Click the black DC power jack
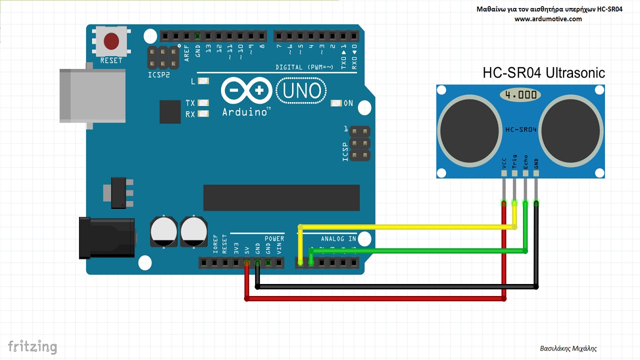click(x=106, y=237)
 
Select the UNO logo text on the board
click(x=301, y=91)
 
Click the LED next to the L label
click(x=203, y=81)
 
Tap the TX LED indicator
click(x=203, y=103)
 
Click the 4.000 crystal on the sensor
click(x=520, y=94)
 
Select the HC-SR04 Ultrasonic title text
click(x=543, y=73)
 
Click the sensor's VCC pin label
click(x=503, y=163)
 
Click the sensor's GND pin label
click(x=536, y=163)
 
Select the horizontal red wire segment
click(x=375, y=298)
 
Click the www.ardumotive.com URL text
click(x=548, y=19)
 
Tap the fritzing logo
click(x=32, y=346)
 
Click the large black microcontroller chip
click(x=281, y=197)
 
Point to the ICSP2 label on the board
click(x=159, y=74)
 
